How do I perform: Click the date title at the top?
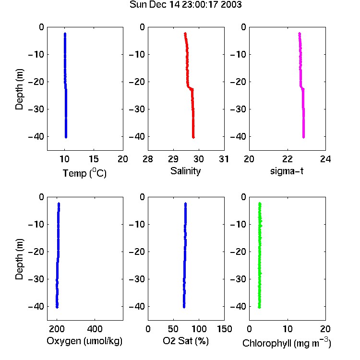coord(185,4)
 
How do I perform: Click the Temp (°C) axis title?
coord(84,173)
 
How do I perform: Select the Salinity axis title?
coord(185,171)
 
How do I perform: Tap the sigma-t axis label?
coord(287,171)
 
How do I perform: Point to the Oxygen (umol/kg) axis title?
coord(84,341)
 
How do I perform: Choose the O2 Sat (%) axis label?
coord(186,341)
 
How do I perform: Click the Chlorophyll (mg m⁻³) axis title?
coord(287,343)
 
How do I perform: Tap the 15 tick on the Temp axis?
coord(94,159)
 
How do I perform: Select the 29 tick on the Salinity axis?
coord(173,159)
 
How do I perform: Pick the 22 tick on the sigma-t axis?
coord(288,159)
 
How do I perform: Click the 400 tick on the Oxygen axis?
coord(95,329)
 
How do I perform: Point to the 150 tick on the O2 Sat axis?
coord(225,329)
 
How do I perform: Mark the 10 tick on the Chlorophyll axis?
coord(288,329)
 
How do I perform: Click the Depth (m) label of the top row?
coord(19,89)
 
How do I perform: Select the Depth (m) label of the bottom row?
coord(19,259)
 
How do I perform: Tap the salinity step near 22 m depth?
coord(191,88)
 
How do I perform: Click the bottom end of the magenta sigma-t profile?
coord(303,137)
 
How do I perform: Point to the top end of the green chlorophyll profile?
coord(260,204)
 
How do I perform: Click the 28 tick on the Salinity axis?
coord(148,159)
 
